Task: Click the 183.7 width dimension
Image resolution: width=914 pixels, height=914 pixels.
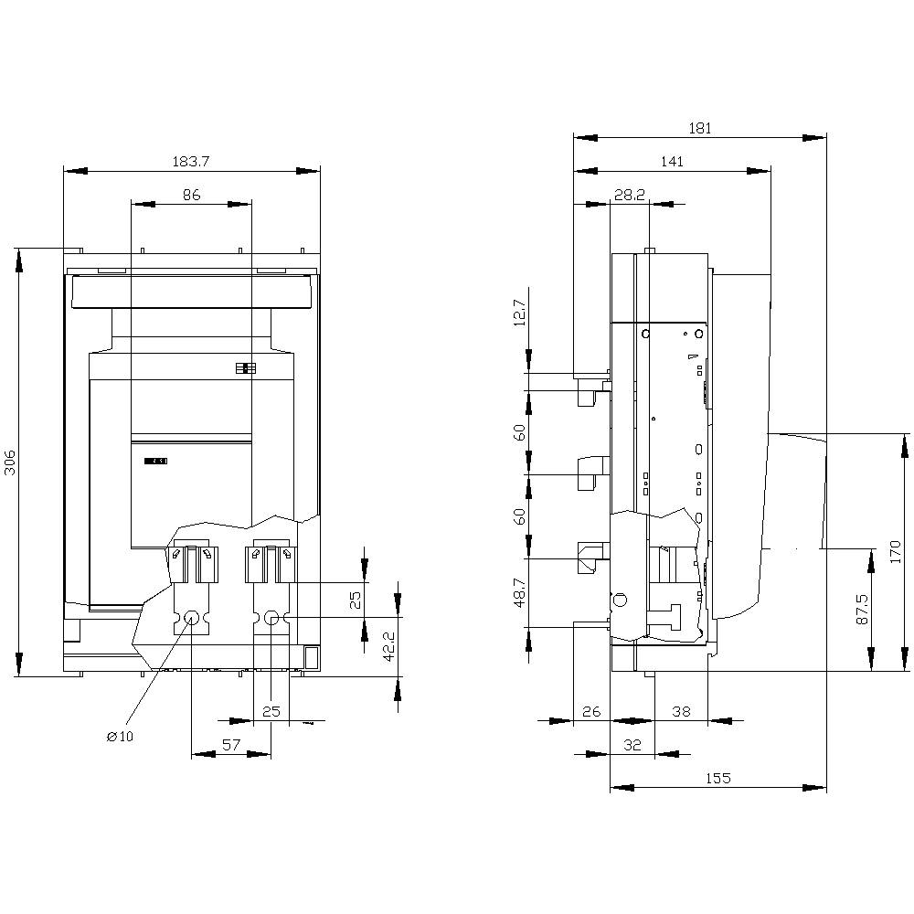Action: coord(191,162)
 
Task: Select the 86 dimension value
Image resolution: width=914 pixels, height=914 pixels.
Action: coord(191,196)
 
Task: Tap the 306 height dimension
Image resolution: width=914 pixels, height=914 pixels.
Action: coord(10,462)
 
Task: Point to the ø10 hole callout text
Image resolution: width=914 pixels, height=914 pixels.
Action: coord(120,736)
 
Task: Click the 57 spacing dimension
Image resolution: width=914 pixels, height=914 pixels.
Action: coord(231,745)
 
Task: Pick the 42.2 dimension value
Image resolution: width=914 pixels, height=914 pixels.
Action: coord(389,646)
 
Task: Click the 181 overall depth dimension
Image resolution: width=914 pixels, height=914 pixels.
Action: coord(700,128)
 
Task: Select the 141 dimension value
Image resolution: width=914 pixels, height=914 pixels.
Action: coord(672,162)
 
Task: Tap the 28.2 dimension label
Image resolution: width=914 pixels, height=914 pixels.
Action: coord(630,196)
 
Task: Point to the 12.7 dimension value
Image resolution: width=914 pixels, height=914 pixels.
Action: coord(520,313)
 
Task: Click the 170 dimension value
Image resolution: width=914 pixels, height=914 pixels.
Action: coord(896,551)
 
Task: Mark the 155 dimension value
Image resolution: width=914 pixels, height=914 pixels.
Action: coord(717,778)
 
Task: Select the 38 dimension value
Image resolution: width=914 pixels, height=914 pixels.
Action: coord(681,711)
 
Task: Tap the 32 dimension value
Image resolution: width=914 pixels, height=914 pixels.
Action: coord(632,745)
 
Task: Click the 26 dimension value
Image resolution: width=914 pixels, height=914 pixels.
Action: coord(591,711)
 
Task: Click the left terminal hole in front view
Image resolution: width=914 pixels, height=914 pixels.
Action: coord(191,618)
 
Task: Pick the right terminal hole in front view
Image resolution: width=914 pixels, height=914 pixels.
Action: coord(271,618)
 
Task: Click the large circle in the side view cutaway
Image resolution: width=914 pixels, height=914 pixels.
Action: coord(619,600)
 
